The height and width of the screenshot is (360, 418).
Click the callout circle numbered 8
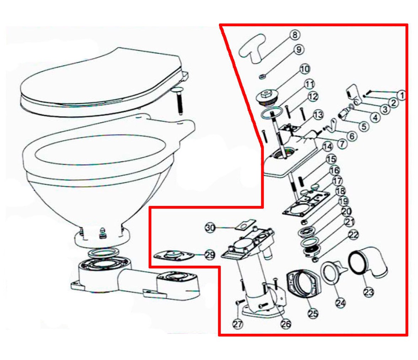click(295, 35)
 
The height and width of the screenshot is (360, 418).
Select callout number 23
click(369, 292)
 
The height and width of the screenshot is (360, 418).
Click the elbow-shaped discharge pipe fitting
click(369, 263)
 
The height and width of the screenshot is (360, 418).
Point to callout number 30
click(210, 228)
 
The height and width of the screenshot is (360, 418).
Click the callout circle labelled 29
click(210, 255)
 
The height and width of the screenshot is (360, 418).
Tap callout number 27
click(237, 324)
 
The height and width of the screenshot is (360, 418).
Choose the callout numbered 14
click(327, 147)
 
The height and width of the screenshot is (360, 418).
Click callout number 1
click(401, 95)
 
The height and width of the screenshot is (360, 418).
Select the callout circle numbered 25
click(313, 313)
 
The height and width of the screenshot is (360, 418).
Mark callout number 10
click(305, 69)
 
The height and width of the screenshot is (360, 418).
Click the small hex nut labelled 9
click(262, 77)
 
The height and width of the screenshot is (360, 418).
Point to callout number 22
click(353, 235)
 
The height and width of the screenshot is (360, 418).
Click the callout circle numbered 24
click(341, 303)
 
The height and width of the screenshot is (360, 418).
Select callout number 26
click(286, 324)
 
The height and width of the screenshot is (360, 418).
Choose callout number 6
click(352, 136)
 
